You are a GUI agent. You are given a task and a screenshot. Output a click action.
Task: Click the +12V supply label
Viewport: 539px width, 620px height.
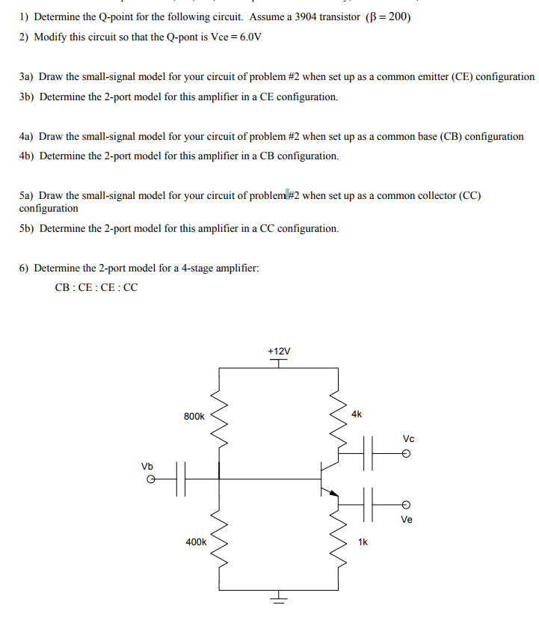click(278, 351)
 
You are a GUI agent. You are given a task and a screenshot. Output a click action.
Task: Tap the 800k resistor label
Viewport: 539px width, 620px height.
click(194, 416)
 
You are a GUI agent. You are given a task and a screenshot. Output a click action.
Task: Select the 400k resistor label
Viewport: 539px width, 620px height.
click(196, 541)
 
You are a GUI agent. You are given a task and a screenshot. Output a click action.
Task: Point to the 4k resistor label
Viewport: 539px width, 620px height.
click(356, 413)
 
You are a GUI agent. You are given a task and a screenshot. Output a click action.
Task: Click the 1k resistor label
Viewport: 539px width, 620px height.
click(363, 541)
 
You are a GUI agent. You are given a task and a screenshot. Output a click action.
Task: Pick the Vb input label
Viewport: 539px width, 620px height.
click(147, 466)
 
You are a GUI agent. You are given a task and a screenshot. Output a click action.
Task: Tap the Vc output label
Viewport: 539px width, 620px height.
click(408, 438)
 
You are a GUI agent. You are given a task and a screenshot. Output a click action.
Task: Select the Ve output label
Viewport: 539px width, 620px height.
click(407, 520)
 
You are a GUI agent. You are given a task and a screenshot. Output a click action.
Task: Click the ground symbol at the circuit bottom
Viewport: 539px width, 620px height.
click(278, 598)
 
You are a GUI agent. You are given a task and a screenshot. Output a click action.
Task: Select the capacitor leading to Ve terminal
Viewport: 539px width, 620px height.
click(367, 503)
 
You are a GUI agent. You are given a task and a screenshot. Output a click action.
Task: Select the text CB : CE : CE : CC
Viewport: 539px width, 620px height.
click(96, 287)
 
